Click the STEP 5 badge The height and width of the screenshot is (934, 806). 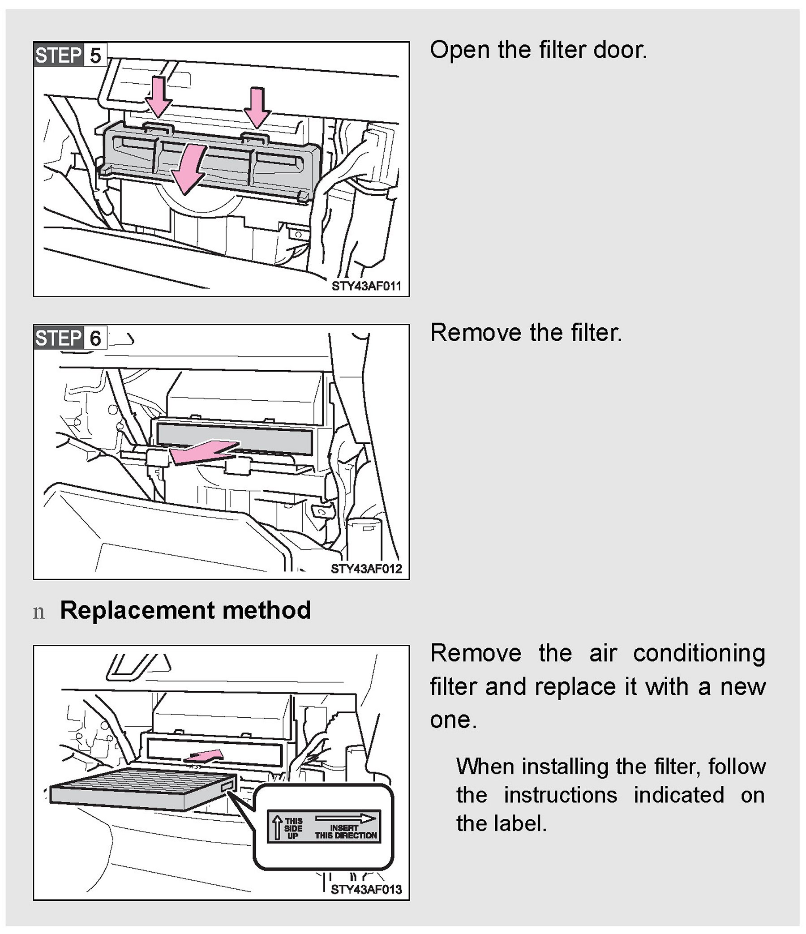point(69,56)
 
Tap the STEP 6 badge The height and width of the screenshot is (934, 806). point(69,338)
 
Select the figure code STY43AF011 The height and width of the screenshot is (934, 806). point(366,286)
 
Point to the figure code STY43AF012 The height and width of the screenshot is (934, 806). point(366,569)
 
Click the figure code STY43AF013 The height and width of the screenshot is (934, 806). point(366,890)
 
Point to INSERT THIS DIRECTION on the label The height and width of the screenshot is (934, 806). point(346,831)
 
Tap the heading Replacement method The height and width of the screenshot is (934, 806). point(185,611)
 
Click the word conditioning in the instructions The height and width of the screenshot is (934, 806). point(699,653)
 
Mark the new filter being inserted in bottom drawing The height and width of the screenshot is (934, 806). point(140,789)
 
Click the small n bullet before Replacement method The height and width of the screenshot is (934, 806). point(39,613)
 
